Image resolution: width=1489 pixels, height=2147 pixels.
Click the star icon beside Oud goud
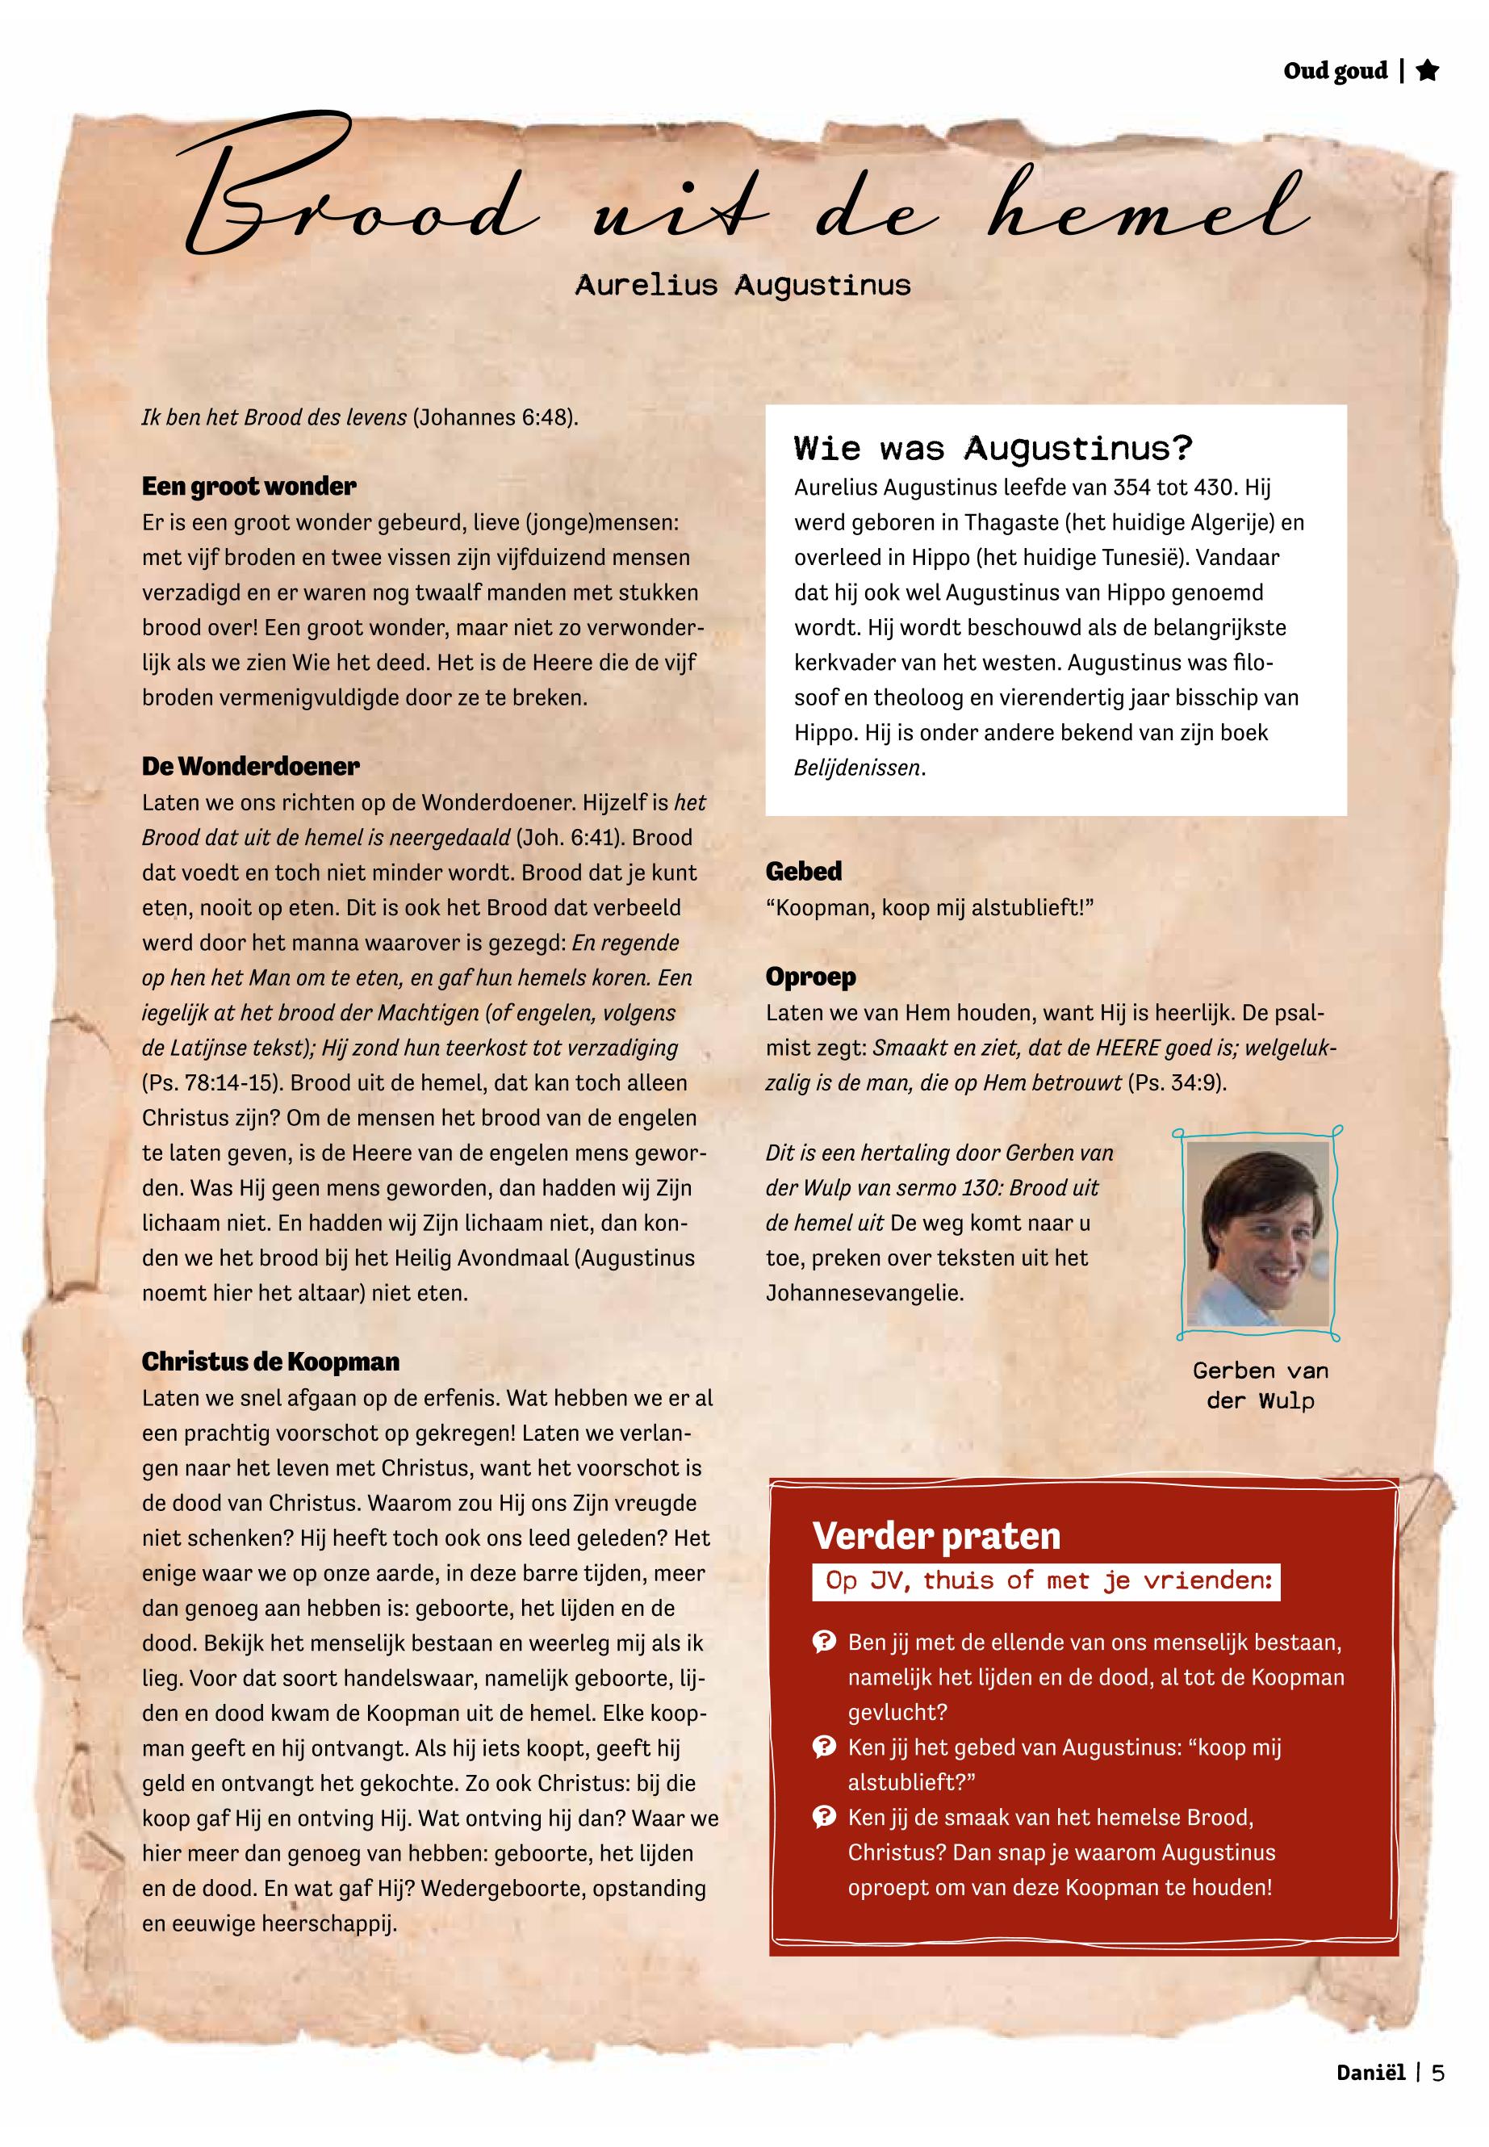(1427, 71)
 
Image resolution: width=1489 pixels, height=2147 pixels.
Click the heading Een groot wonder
(249, 486)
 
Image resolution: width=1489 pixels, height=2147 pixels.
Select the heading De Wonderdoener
(250, 766)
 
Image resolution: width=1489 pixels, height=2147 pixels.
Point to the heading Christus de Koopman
(270, 1362)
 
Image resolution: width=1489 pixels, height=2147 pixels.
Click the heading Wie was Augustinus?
(993, 449)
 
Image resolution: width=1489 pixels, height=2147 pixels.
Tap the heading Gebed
(803, 872)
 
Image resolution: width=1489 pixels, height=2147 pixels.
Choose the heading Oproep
(809, 977)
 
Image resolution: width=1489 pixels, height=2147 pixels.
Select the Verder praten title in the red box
(935, 1535)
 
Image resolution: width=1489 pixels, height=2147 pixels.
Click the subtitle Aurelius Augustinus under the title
(742, 286)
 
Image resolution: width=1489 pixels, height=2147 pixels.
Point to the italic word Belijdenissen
(856, 768)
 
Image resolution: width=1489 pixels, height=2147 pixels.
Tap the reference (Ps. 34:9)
(1177, 1083)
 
